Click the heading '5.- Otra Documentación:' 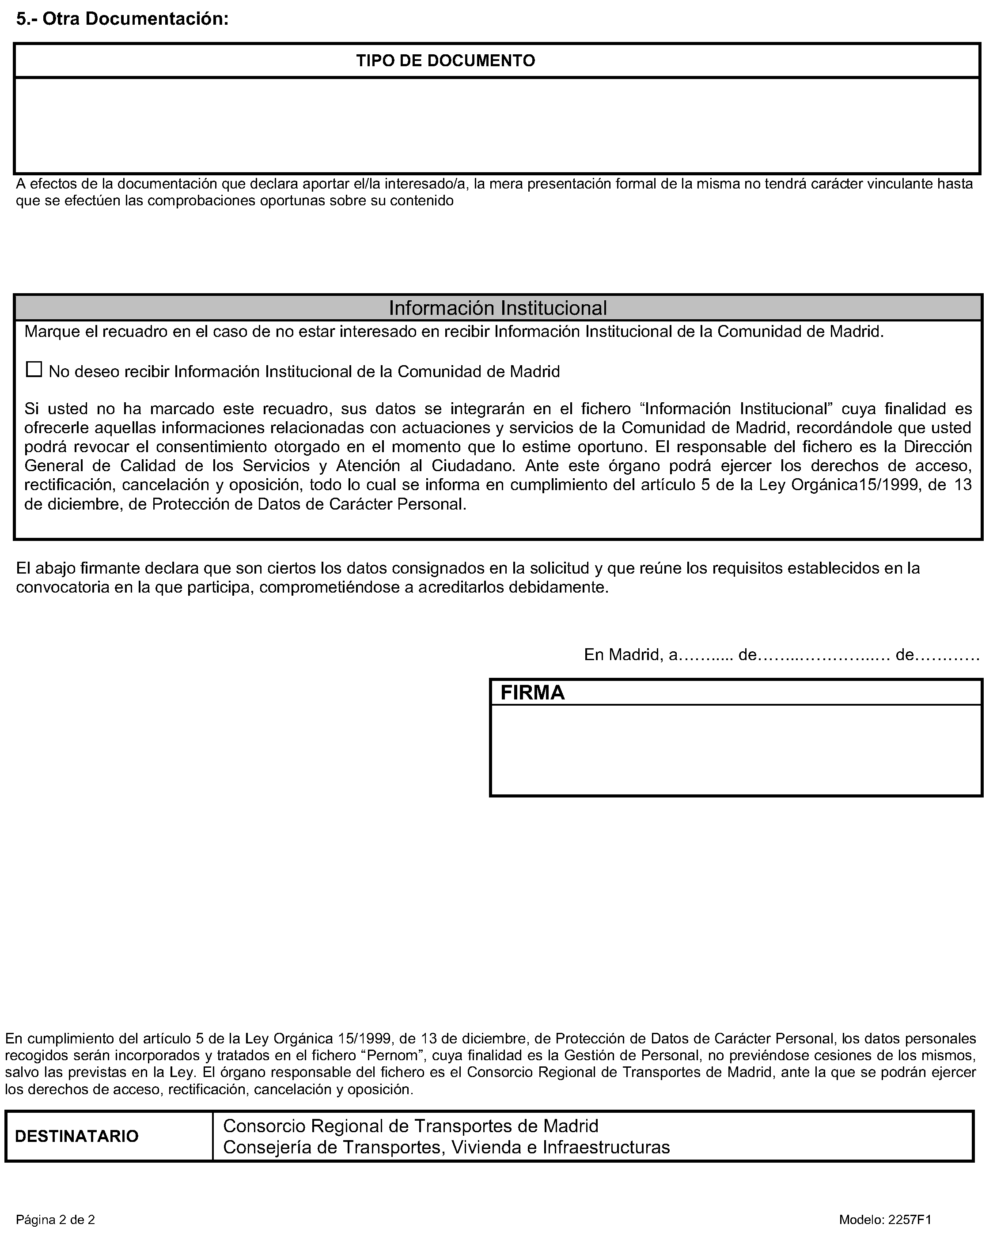[x=122, y=19]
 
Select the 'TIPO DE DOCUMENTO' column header [x=446, y=61]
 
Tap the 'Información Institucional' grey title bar [x=498, y=308]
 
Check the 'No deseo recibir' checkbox [x=34, y=370]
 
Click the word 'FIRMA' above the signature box [x=532, y=693]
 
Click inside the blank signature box [x=735, y=750]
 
